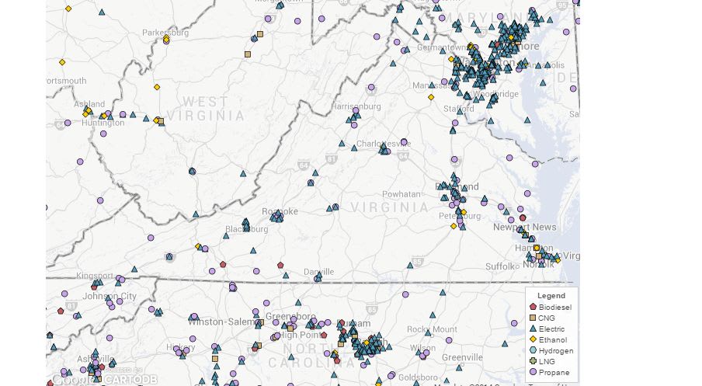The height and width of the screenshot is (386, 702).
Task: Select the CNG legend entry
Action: [x=548, y=318]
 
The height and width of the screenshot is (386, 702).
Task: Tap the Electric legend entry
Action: [x=551, y=329]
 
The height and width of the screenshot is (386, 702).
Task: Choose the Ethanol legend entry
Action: [x=552, y=339]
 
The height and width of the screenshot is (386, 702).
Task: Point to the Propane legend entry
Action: [x=553, y=372]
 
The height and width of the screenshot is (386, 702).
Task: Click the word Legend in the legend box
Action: [x=551, y=296]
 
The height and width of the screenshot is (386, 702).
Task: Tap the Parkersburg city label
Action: [x=165, y=33]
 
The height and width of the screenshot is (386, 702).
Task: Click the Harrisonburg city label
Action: [x=356, y=106]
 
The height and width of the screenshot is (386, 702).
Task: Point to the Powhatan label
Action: [x=401, y=193]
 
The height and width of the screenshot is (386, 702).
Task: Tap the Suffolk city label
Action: [x=501, y=266]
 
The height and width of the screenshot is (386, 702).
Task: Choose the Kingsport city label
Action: [x=94, y=276]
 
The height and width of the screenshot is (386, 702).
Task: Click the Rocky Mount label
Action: [x=433, y=329]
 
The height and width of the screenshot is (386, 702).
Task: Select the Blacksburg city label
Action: [x=246, y=228]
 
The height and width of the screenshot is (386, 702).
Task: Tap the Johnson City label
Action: [x=109, y=296]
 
